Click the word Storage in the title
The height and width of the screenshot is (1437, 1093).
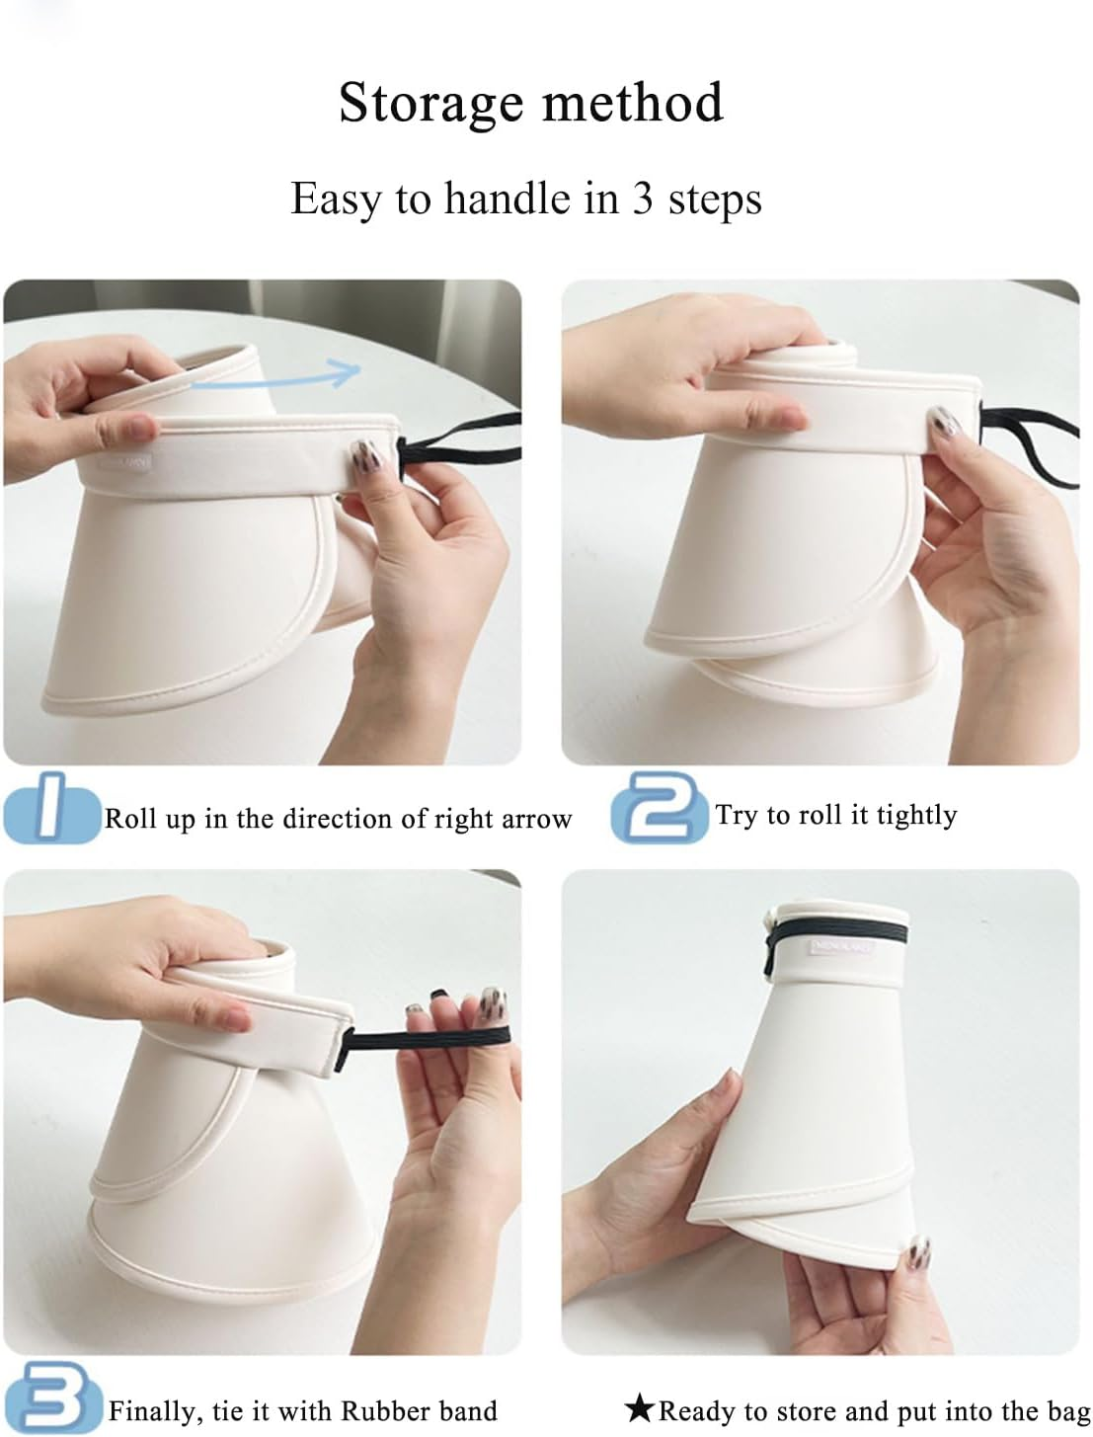(x=430, y=104)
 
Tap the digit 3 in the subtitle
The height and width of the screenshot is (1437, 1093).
(x=642, y=199)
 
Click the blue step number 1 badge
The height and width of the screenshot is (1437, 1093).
(x=51, y=807)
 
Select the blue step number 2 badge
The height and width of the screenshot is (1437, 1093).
(x=659, y=807)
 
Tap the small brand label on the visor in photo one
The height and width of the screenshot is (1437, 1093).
(x=125, y=461)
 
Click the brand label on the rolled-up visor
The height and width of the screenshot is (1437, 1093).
(x=842, y=947)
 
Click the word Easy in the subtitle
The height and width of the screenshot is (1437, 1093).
(x=335, y=200)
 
